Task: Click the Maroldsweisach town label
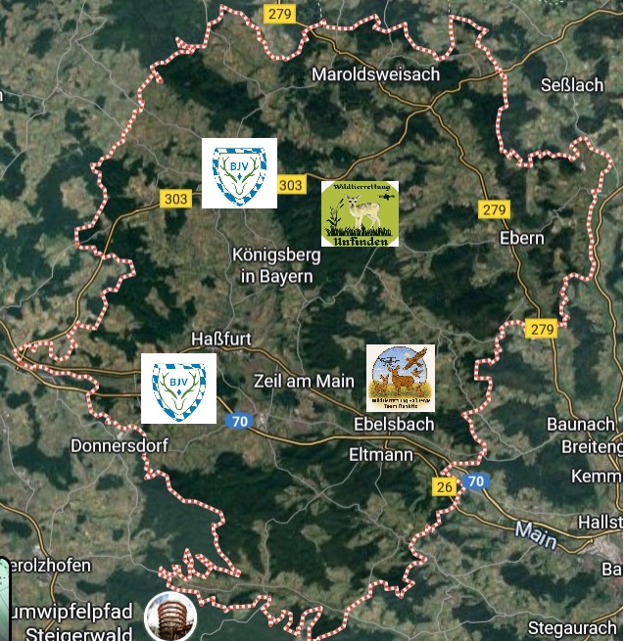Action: pos(375,74)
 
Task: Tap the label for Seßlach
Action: pos(572,85)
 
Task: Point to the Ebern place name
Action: pos(521,238)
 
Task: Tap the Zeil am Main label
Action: pos(304,381)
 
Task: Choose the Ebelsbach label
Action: pos(393,424)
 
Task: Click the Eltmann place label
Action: pos(381,454)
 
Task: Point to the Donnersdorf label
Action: pos(120,445)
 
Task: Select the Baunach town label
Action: pos(581,425)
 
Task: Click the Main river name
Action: pos(535,534)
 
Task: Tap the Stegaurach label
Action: pos(572,627)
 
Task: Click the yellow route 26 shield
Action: pos(445,486)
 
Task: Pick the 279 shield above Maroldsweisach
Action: pos(279,13)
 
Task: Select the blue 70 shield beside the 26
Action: pos(476,481)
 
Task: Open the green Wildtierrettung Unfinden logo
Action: pos(360,212)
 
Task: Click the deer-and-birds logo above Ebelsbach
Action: pos(401,377)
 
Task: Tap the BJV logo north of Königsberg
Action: pos(239,173)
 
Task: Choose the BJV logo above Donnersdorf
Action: pos(178,389)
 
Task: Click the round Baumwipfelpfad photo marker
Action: pos(170,617)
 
